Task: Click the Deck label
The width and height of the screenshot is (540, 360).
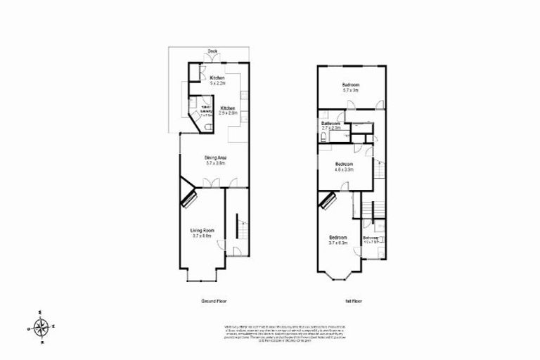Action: click(212, 51)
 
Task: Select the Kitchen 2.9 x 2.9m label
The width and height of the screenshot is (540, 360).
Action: click(228, 110)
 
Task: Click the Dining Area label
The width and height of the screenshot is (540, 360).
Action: click(214, 160)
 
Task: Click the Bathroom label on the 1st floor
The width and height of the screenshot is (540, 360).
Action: click(331, 125)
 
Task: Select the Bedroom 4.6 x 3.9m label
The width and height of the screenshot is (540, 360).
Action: click(344, 167)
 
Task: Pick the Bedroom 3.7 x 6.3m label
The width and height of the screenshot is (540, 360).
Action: click(338, 240)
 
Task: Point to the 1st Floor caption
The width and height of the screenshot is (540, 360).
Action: click(352, 300)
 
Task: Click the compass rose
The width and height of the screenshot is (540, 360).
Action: click(41, 327)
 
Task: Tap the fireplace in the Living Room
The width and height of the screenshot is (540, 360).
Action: click(187, 196)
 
